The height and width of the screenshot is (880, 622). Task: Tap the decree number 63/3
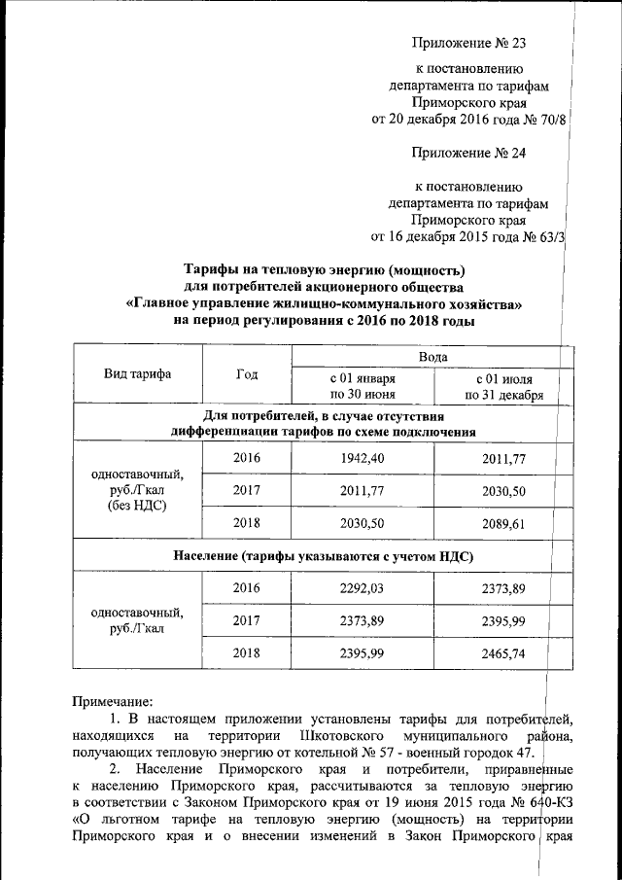point(551,236)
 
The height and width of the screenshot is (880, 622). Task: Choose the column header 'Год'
point(247,374)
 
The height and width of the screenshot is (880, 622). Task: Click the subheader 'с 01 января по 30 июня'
point(363,386)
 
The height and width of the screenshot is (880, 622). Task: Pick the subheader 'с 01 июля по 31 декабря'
point(503,386)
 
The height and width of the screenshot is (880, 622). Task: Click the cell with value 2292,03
point(363,587)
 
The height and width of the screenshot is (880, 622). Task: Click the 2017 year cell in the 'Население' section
point(247,620)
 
